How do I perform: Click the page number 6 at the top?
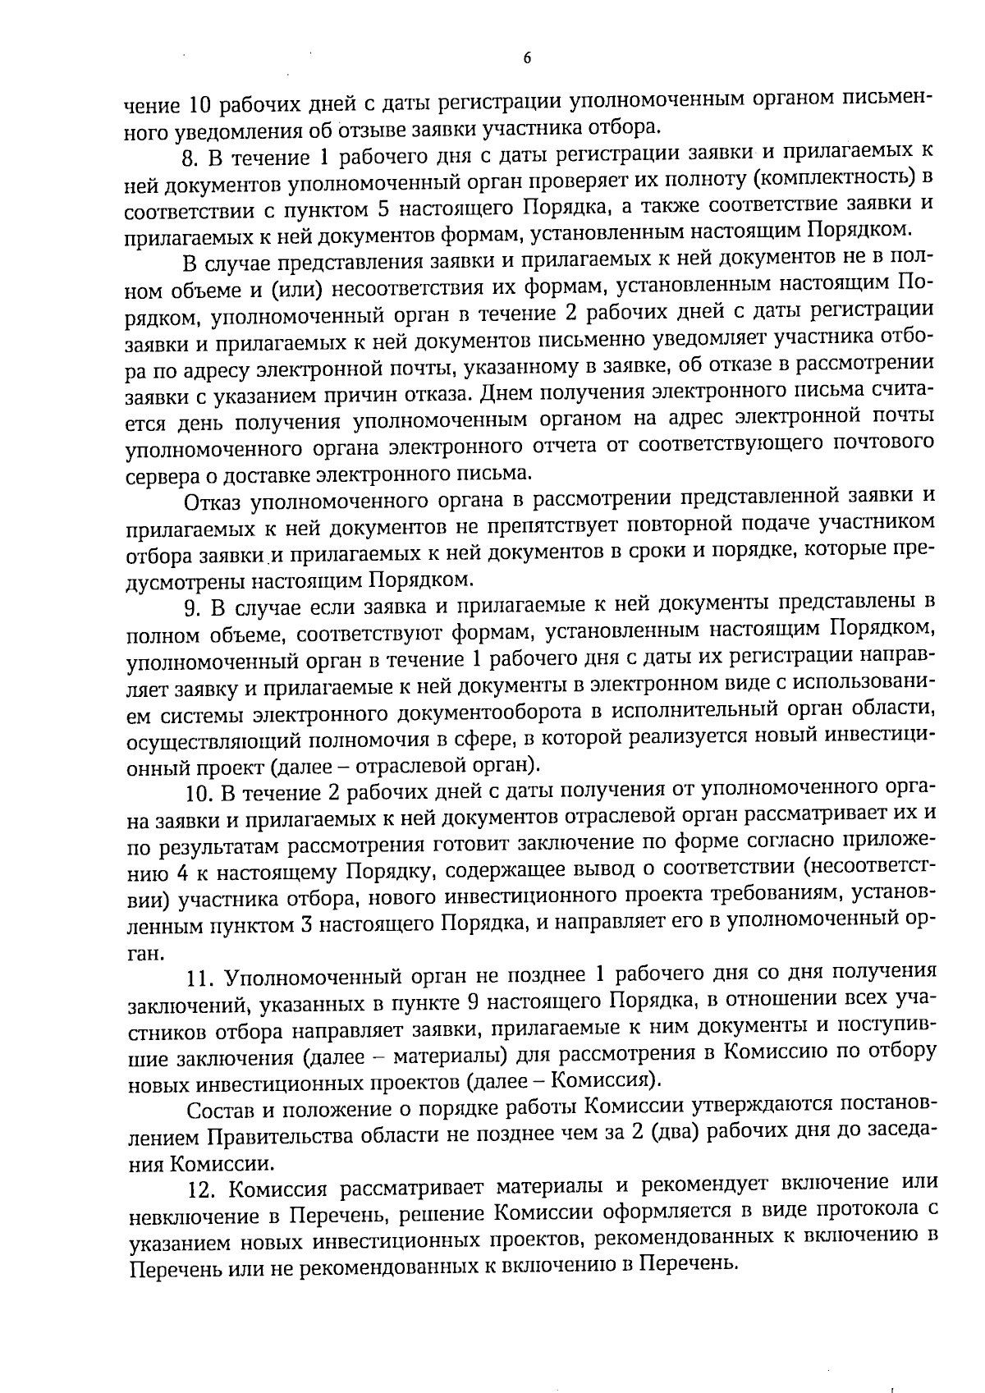click(x=527, y=57)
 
